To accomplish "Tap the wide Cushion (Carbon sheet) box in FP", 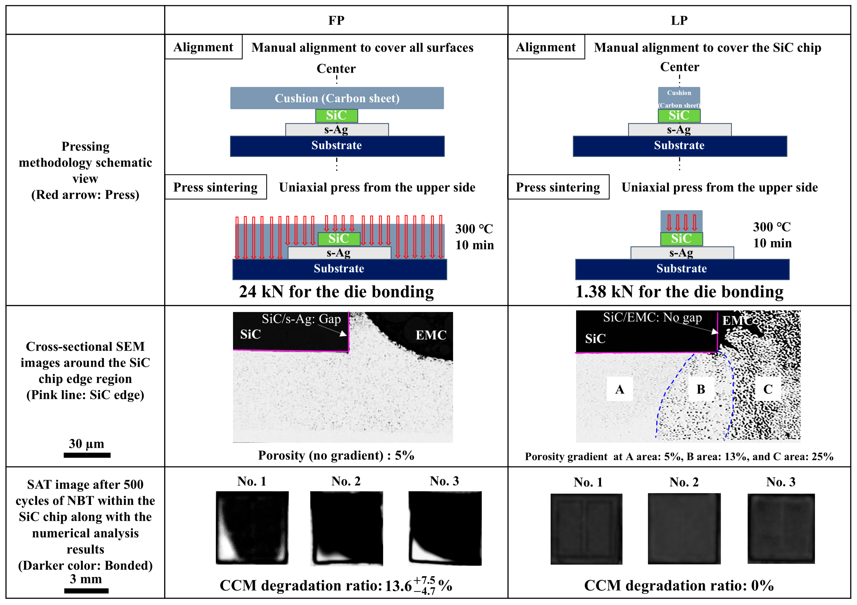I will [x=337, y=98].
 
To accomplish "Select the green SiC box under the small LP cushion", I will [x=679, y=116].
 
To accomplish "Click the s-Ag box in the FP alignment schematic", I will [x=337, y=130].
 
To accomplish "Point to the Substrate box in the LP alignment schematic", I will [x=679, y=146].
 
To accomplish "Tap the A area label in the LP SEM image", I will [x=620, y=389].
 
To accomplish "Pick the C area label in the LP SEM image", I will [x=768, y=389].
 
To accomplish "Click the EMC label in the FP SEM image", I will [x=431, y=335].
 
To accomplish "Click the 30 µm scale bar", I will [x=87, y=455].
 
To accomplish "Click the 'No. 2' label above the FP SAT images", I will [x=346, y=481].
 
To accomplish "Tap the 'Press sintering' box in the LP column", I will [x=558, y=187].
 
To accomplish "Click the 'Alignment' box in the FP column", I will [x=203, y=47].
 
